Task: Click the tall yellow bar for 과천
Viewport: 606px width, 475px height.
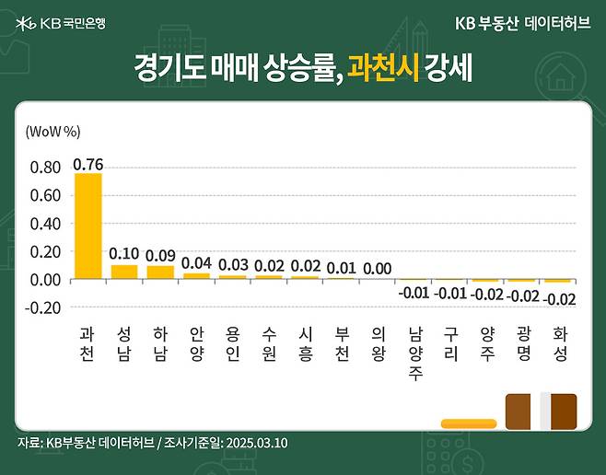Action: coord(87,226)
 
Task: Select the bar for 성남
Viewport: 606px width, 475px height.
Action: coord(123,272)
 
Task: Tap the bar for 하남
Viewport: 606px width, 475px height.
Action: coord(159,272)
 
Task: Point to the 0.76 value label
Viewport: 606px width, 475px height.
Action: coord(87,165)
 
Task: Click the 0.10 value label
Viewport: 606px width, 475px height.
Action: coord(123,253)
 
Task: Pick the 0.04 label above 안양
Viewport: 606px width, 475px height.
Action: coord(196,262)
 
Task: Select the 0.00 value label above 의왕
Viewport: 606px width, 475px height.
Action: coord(377,268)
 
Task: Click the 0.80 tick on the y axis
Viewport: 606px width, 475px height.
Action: coord(45,168)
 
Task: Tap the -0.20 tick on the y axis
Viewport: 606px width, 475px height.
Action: coord(43,307)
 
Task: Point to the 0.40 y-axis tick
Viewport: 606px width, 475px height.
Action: coord(45,223)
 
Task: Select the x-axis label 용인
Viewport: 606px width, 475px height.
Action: coord(232,342)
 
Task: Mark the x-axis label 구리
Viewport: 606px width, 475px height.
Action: coord(449,342)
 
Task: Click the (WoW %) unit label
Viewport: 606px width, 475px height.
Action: coord(53,131)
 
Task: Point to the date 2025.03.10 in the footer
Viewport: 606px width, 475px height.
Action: coord(257,443)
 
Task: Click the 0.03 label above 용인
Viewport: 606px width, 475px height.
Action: coord(232,264)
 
